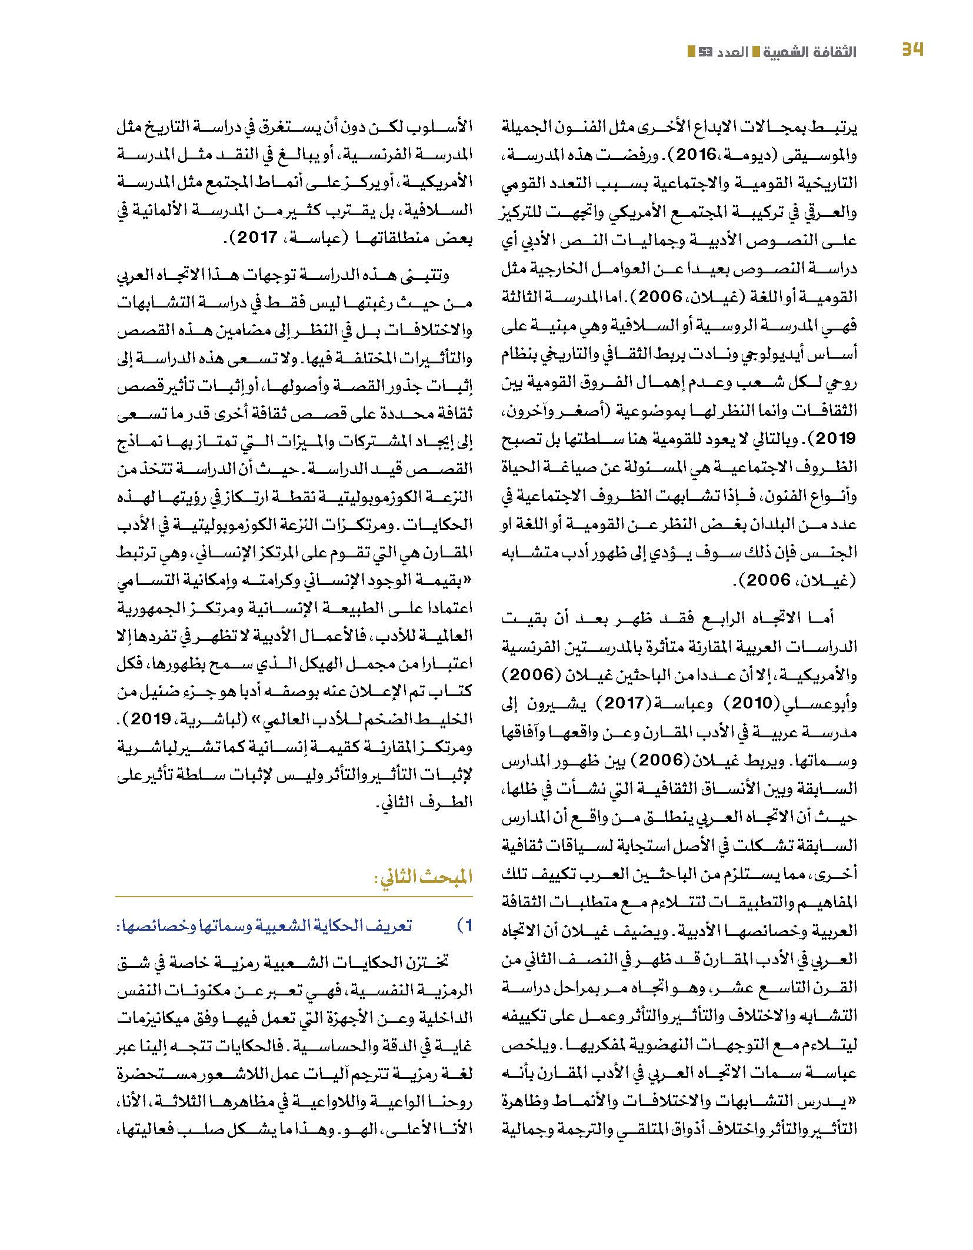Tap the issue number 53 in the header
tap(705, 52)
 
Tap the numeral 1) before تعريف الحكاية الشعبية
tap(464, 925)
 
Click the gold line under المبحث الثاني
tap(294, 896)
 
